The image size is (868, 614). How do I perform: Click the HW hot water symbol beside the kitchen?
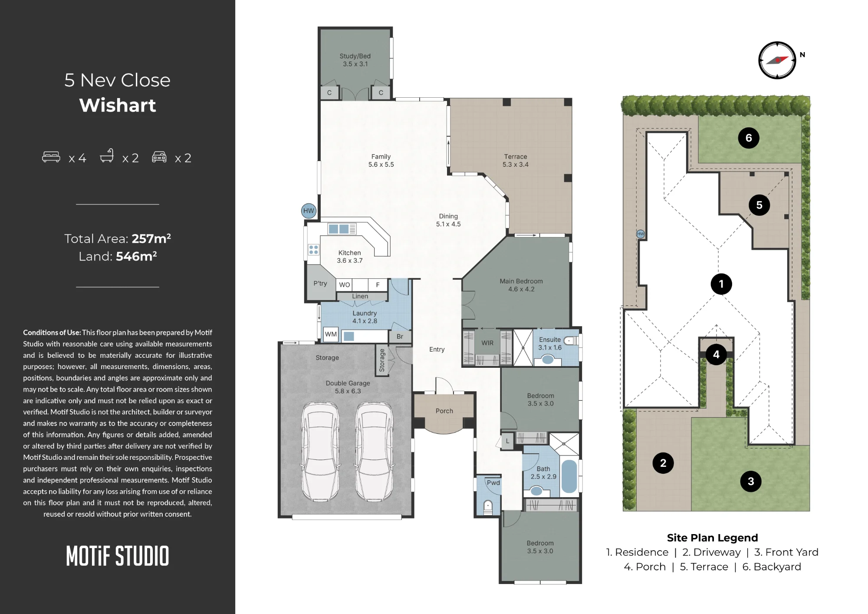309,211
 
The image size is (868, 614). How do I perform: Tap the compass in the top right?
777,60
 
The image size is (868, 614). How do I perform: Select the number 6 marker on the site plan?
749,138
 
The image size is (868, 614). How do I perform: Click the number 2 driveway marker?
663,463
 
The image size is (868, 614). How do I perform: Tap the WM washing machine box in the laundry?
331,334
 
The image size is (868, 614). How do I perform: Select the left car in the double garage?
320,452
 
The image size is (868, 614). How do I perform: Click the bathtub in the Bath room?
569,476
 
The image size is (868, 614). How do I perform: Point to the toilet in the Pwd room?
488,506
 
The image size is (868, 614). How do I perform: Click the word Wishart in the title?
118,105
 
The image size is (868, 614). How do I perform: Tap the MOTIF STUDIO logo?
118,556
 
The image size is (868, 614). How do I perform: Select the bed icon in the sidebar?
51,157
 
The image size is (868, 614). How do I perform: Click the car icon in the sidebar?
159,157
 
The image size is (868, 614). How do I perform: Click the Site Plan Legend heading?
713,538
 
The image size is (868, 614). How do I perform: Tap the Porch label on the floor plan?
444,411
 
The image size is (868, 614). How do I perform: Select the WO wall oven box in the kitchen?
345,285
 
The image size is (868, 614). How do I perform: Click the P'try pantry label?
320,283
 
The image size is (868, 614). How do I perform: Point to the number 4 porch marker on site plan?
716,354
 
